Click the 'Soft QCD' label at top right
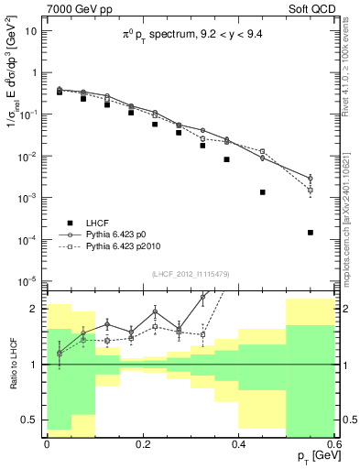point(310,10)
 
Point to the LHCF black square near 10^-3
point(262,192)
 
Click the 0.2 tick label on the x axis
point(142,443)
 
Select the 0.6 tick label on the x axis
point(334,443)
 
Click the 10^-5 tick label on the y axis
point(29,281)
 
